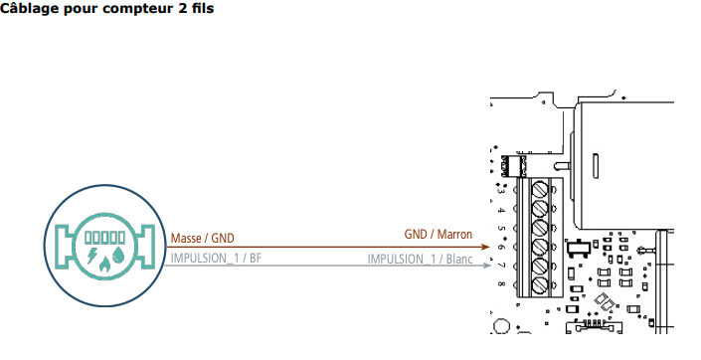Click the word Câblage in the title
[x=30, y=9]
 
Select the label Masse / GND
[x=203, y=239]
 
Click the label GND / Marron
[x=438, y=234]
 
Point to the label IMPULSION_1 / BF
[x=216, y=258]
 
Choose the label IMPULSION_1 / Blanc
[x=420, y=259]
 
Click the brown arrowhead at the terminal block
[x=486, y=247]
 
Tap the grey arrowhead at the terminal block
[x=487, y=266]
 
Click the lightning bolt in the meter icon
[x=92, y=256]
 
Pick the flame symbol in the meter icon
[x=104, y=264]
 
